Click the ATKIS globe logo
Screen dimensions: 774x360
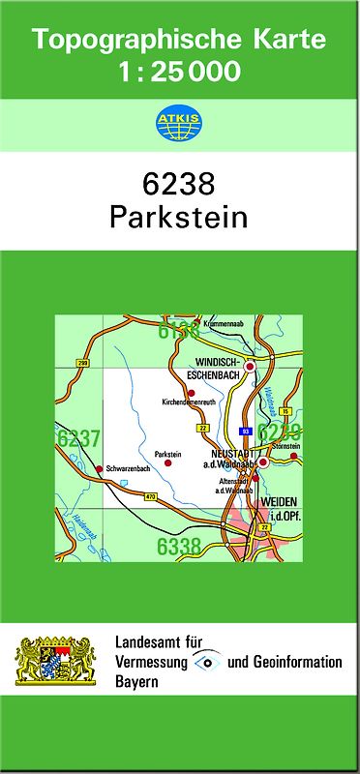(179, 122)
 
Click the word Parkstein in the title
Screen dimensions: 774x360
(179, 217)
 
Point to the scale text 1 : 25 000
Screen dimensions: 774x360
(179, 71)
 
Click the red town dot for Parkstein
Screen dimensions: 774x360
(167, 463)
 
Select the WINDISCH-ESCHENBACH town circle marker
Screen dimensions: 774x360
(250, 367)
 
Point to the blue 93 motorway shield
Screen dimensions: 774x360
(246, 431)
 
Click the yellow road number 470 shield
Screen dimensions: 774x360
(150, 497)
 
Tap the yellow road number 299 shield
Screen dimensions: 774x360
(82, 363)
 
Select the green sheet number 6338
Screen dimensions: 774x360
(179, 547)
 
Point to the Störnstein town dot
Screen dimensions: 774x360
(295, 455)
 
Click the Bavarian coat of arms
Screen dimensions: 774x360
(55, 660)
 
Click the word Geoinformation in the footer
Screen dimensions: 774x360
(297, 663)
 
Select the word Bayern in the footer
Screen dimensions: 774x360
(137, 682)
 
